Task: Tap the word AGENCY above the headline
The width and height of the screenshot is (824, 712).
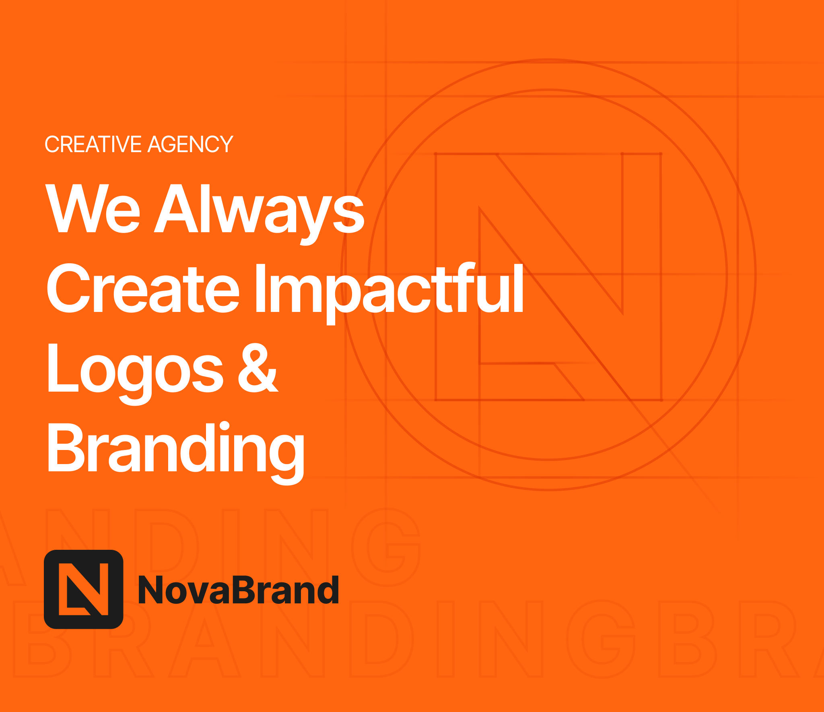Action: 191,144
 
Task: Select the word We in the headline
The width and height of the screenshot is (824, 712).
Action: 93,208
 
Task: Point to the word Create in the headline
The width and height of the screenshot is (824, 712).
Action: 143,288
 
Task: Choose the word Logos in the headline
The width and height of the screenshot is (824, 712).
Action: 136,374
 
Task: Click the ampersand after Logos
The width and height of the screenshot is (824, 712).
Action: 258,367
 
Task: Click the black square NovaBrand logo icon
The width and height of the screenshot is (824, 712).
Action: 84,589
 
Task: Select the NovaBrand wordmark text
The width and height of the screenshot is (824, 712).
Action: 239,590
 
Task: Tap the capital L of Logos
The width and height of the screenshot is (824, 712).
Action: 63,367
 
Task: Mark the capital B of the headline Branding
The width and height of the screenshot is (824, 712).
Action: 66,447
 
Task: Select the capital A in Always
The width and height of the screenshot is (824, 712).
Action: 177,208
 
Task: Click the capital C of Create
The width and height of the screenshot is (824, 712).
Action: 68,288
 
